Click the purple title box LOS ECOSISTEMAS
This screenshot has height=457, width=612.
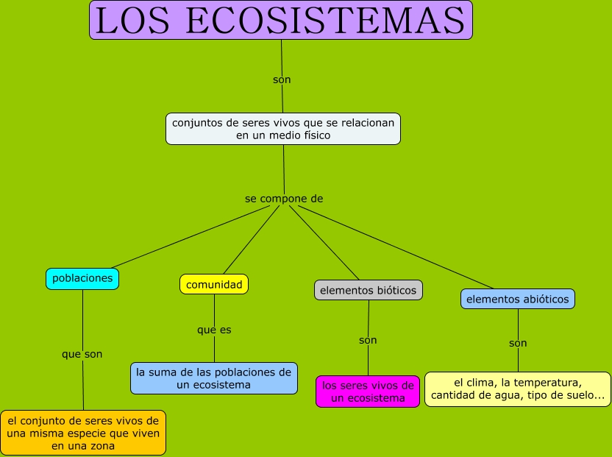click(x=281, y=20)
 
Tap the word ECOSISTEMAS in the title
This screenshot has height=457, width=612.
click(x=326, y=21)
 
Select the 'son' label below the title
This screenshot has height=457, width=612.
click(x=282, y=79)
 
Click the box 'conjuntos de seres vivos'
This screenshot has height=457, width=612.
click(x=283, y=129)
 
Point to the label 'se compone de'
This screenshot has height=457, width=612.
click(x=284, y=199)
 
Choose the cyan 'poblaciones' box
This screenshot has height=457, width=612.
click(x=82, y=278)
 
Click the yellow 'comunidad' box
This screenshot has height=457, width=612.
click(x=214, y=284)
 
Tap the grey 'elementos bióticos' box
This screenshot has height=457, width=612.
click(x=369, y=290)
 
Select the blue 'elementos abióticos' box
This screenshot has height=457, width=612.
click(x=518, y=299)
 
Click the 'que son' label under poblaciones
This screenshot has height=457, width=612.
click(x=82, y=354)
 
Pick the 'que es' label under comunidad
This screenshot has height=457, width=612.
click(x=214, y=330)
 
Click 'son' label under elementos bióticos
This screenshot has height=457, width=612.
click(x=368, y=340)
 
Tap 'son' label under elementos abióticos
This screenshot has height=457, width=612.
click(x=518, y=343)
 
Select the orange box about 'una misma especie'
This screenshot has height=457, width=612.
click(x=83, y=433)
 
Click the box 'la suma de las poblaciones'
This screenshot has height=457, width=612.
click(x=214, y=378)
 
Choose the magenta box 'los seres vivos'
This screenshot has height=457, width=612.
click(x=368, y=392)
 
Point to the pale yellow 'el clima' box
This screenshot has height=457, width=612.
click(x=518, y=389)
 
